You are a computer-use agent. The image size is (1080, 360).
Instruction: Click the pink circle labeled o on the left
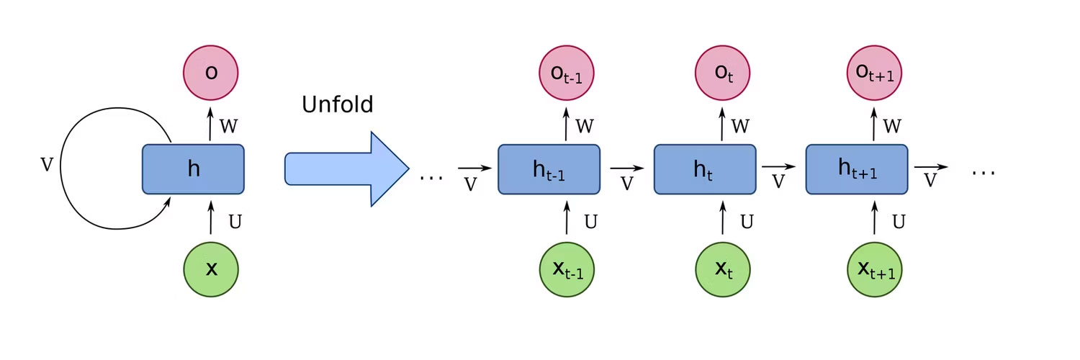click(211, 72)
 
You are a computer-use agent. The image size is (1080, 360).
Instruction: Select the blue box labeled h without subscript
click(193, 169)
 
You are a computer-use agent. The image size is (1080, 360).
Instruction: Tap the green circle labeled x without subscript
click(211, 270)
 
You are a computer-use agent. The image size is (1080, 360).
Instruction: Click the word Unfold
click(337, 104)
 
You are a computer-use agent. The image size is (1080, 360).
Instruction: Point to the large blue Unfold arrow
click(346, 169)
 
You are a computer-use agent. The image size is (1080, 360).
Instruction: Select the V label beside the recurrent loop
click(47, 165)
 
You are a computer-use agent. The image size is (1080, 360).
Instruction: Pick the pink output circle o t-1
click(567, 72)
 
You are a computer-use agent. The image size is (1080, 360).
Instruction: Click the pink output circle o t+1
click(874, 72)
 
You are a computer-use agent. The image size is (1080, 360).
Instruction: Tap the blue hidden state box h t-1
click(549, 169)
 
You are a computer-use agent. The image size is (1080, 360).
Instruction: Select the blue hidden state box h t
click(704, 169)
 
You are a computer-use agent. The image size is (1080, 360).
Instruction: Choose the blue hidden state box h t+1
click(857, 169)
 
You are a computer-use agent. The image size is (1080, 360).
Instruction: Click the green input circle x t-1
click(567, 270)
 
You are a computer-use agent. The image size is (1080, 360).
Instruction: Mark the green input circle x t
click(722, 270)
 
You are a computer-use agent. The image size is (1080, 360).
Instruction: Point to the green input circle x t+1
click(874, 270)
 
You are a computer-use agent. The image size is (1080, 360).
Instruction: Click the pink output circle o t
click(722, 72)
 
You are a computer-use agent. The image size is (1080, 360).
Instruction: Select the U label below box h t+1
click(899, 222)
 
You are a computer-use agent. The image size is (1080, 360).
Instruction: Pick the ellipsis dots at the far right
click(984, 173)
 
